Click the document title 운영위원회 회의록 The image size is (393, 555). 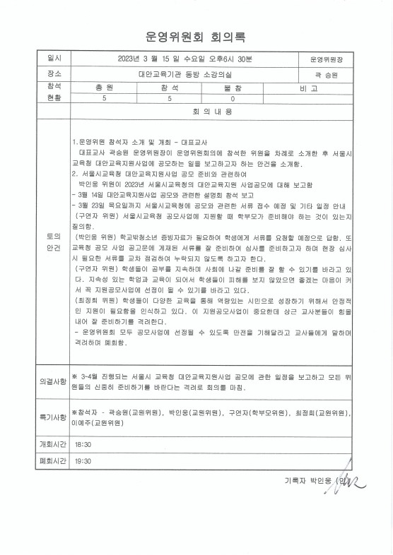[196, 37]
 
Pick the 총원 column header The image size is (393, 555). [104, 87]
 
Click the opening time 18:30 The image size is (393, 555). [83, 445]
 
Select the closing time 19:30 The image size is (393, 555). [83, 461]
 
